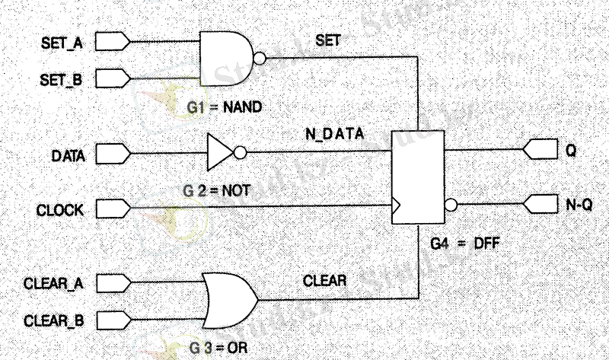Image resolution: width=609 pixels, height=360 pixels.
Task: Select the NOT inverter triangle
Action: tap(220, 153)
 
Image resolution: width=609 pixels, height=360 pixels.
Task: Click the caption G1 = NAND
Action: tap(224, 108)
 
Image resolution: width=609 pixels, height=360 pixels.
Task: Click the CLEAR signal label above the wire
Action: tap(326, 280)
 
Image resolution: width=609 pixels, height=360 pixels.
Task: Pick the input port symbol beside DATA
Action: tap(113, 155)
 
